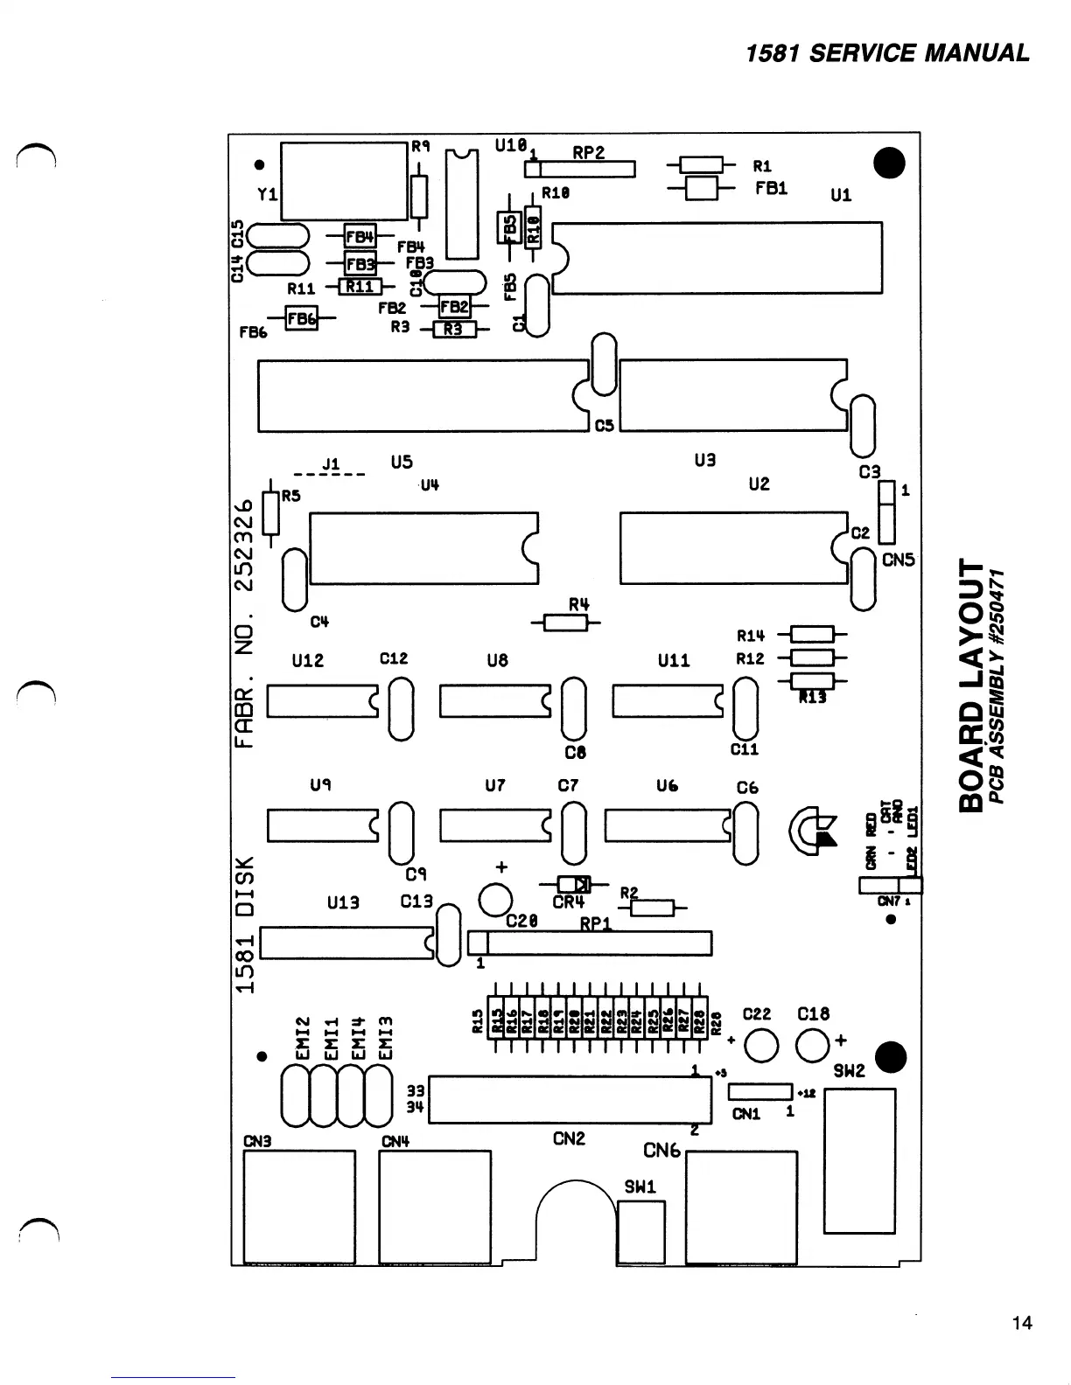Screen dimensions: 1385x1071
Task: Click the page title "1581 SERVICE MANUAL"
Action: (887, 53)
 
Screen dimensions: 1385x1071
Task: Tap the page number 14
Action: (1021, 1323)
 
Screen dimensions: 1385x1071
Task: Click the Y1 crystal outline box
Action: (345, 180)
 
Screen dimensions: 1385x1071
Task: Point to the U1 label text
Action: (840, 195)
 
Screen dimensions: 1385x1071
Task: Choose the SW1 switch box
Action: (641, 1231)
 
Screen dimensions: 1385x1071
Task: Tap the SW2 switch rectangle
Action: (859, 1159)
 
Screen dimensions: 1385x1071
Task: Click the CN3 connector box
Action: (299, 1207)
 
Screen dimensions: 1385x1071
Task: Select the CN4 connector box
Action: (435, 1207)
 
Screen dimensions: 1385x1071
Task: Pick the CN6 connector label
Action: (661, 1150)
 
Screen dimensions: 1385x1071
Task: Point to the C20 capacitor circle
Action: (495, 899)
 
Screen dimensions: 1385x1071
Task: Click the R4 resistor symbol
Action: (565, 623)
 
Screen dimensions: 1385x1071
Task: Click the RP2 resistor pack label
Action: (589, 153)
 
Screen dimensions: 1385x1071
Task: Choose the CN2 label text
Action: (569, 1138)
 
